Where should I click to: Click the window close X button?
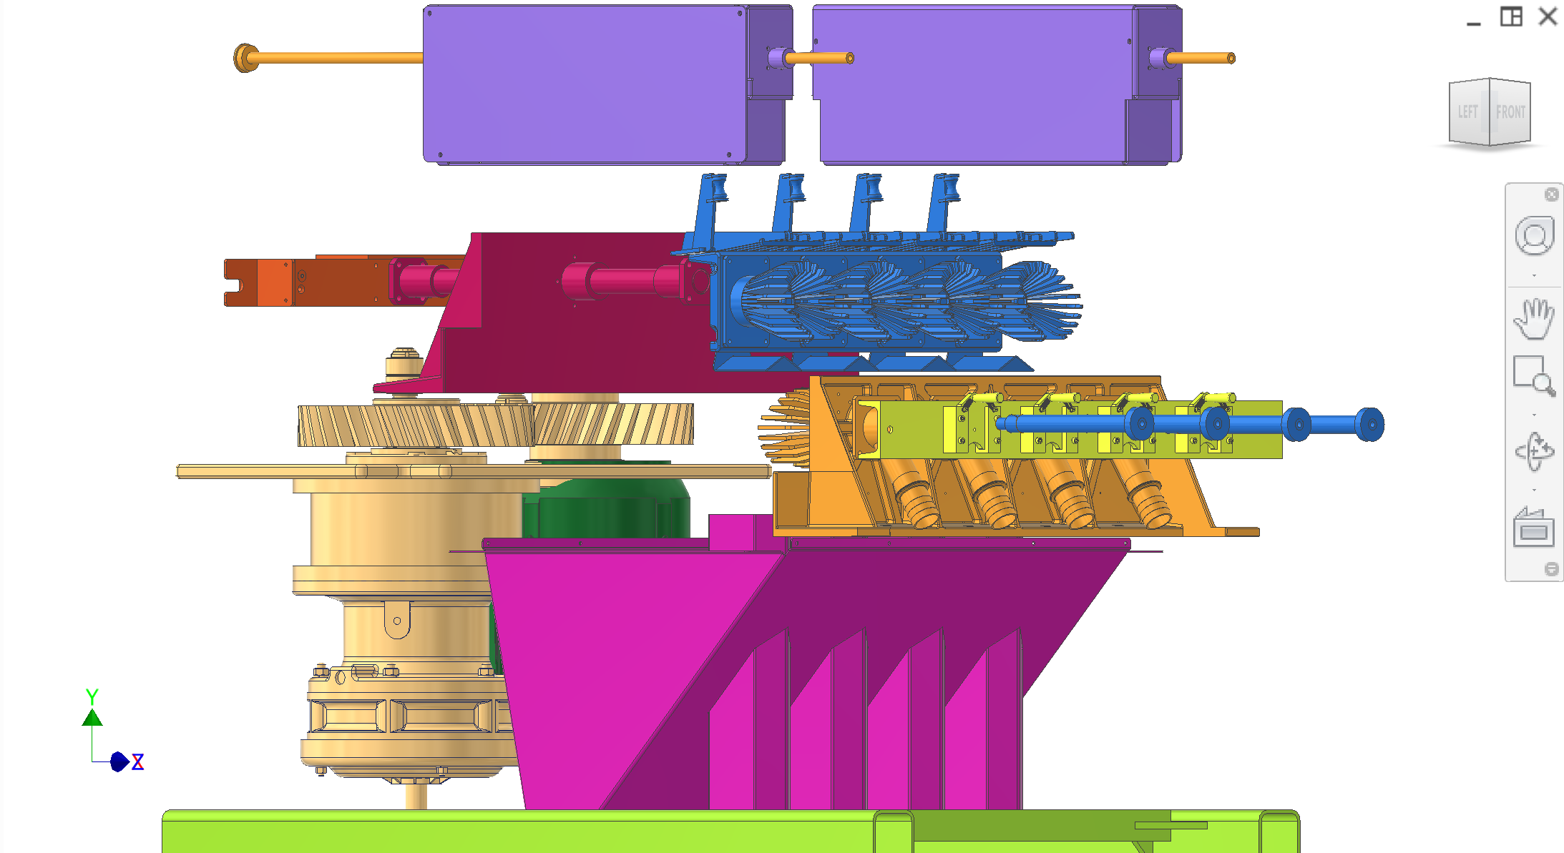click(x=1548, y=16)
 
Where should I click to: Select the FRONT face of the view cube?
click(x=1510, y=112)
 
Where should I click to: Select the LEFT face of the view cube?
click(x=1467, y=112)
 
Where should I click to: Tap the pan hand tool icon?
click(x=1534, y=319)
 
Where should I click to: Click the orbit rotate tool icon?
click(x=1534, y=451)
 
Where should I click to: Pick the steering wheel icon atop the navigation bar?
click(x=1534, y=237)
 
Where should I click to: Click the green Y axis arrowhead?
click(x=92, y=717)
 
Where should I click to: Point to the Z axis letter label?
click(x=138, y=762)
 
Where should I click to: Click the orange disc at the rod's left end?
click(x=244, y=58)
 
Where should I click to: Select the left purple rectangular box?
click(x=583, y=84)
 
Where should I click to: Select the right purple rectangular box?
click(x=973, y=84)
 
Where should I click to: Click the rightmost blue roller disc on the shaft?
click(x=1369, y=425)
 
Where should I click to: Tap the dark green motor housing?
click(x=608, y=508)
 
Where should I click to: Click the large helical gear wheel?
click(x=494, y=425)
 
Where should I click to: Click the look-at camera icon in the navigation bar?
click(x=1534, y=528)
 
